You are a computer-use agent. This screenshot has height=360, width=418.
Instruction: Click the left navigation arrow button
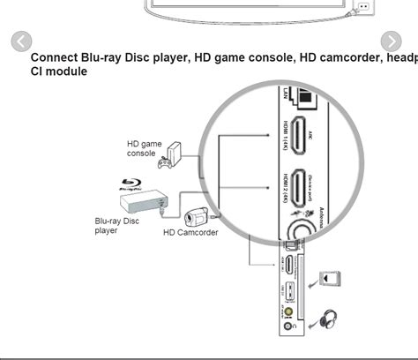(x=21, y=41)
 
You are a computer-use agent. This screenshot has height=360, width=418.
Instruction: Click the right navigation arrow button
(x=391, y=41)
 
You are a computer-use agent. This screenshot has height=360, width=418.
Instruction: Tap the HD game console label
(x=145, y=148)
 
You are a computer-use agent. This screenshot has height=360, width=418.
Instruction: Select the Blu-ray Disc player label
(x=117, y=226)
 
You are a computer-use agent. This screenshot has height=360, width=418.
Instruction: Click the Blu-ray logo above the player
(x=131, y=185)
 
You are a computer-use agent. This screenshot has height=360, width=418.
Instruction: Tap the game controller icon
(x=164, y=163)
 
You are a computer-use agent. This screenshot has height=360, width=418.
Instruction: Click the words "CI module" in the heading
(x=59, y=71)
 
